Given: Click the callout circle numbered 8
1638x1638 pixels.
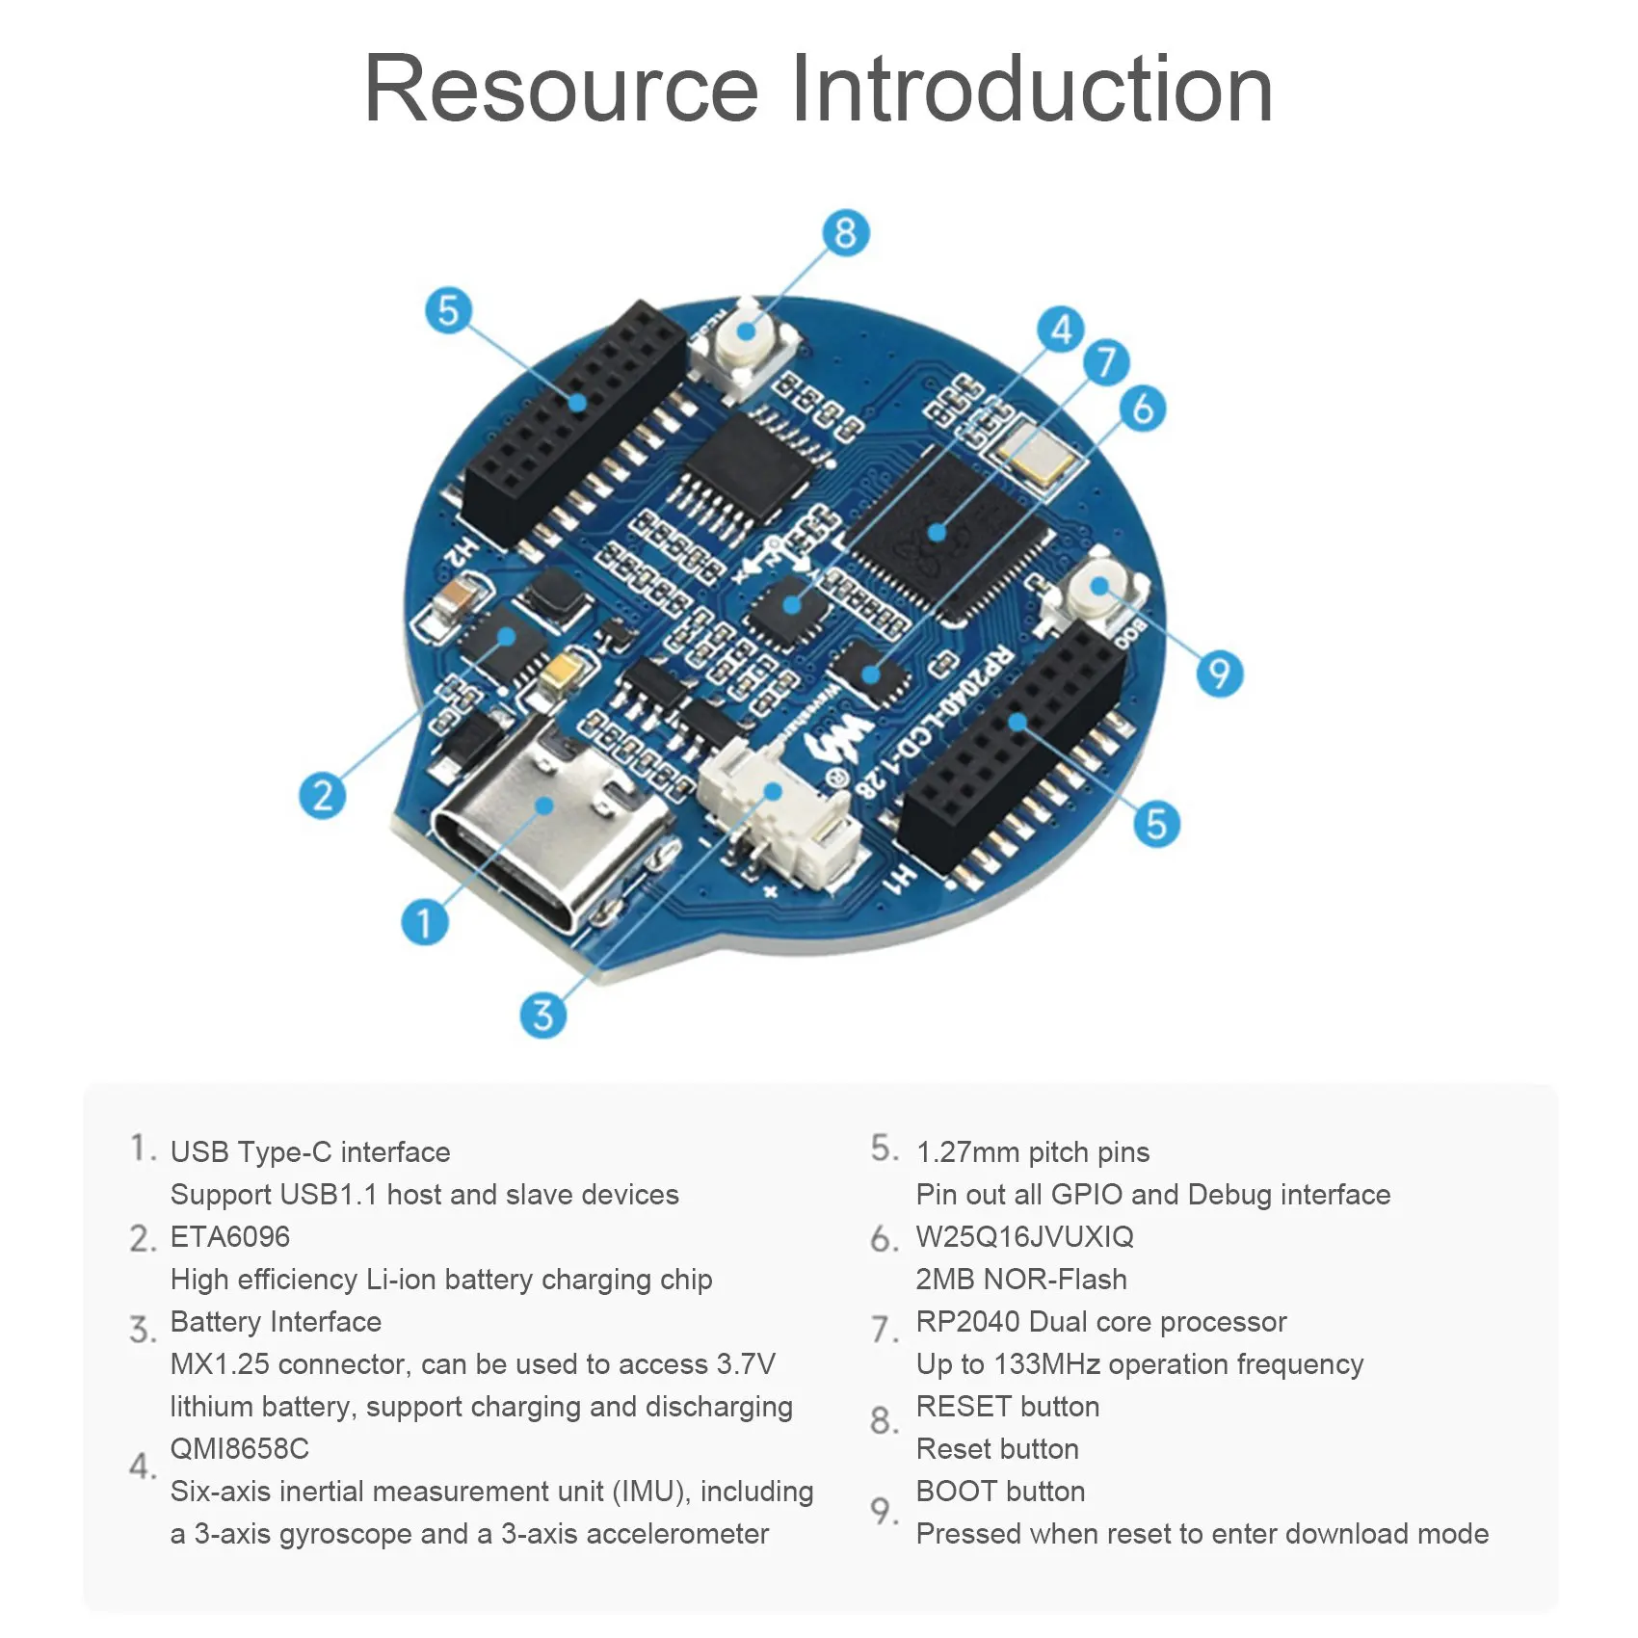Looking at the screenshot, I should (x=845, y=233).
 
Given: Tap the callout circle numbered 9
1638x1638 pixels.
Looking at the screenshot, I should (x=1219, y=673).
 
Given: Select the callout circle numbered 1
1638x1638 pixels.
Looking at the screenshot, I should (x=424, y=922).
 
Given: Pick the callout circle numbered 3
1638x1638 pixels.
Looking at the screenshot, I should (x=542, y=1015).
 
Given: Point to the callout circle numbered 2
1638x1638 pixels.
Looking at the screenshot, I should (x=322, y=796).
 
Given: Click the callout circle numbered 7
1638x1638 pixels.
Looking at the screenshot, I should (x=1106, y=362).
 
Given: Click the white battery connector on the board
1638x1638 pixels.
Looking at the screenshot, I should (x=771, y=809).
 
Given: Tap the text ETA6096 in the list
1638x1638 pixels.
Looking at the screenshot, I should (x=229, y=1236).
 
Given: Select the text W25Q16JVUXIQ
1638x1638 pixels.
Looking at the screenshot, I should (x=1024, y=1236).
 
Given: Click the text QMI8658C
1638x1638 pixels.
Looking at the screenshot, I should (x=239, y=1448).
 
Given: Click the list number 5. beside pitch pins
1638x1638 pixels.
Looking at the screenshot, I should (x=885, y=1149).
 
